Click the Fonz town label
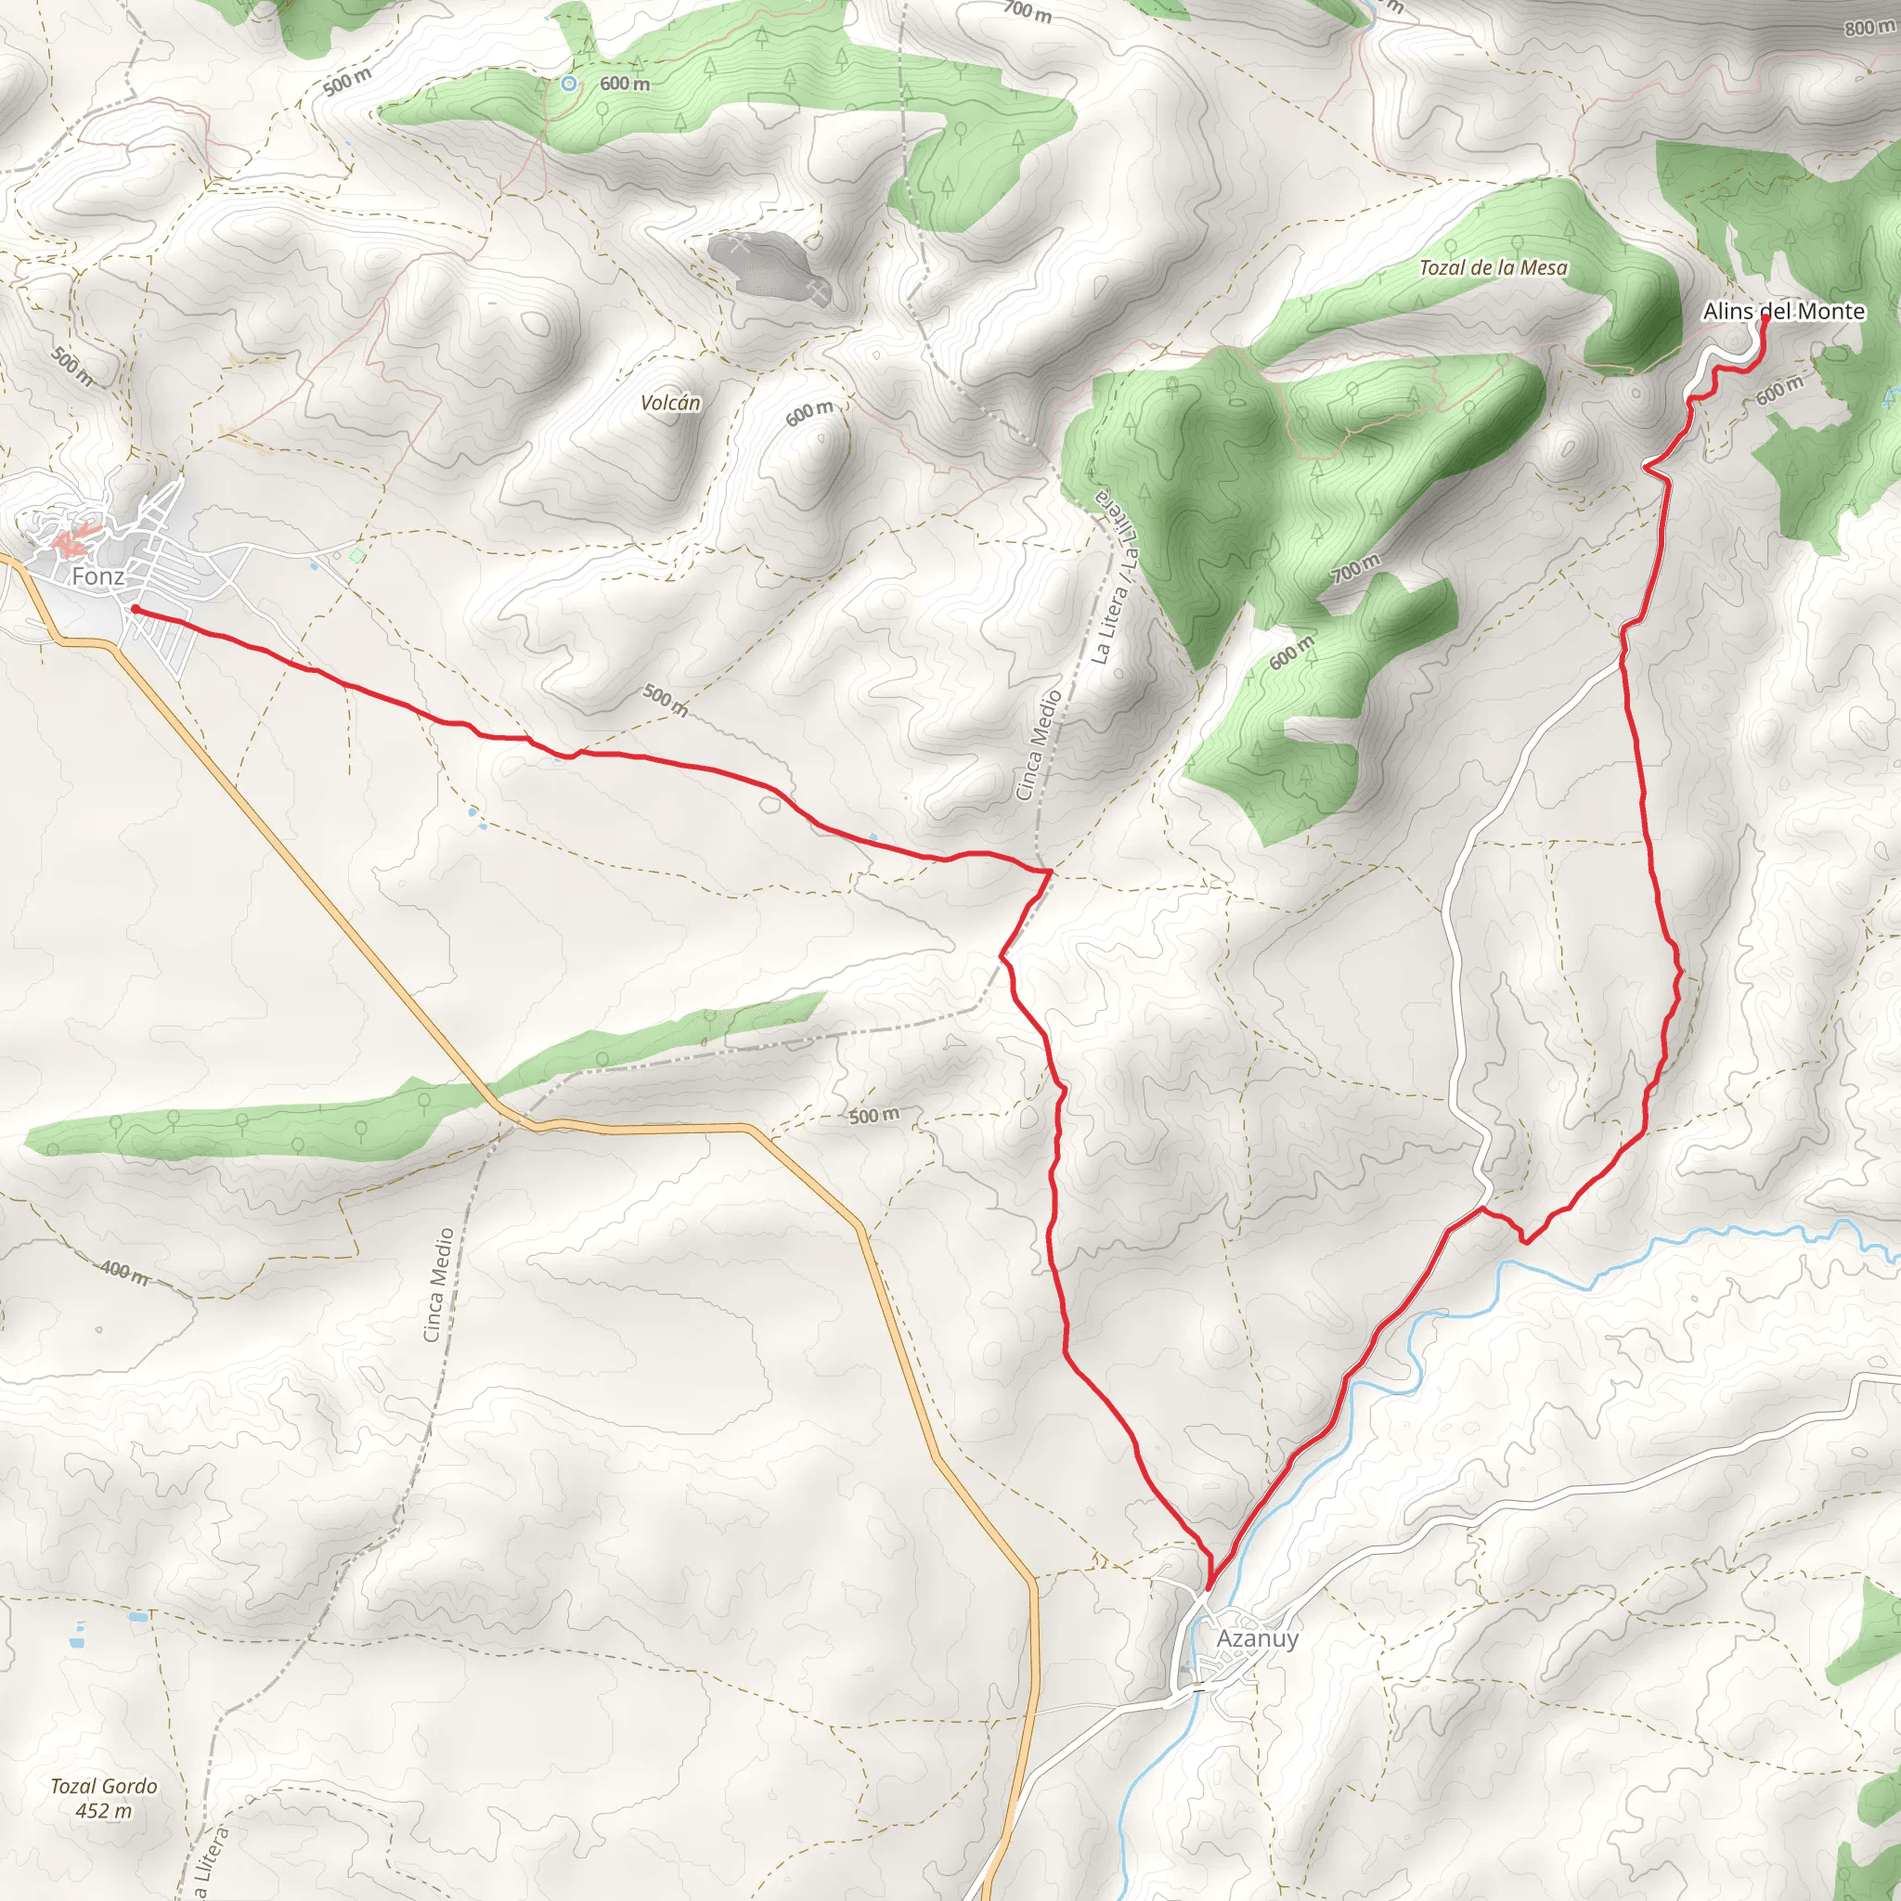[97, 576]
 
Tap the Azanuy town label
[1257, 1638]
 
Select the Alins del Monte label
[1783, 312]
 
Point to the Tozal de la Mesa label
[1493, 267]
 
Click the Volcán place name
[670, 403]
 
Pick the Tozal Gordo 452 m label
[103, 1798]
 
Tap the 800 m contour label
[1867, 27]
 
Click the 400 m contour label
[125, 1273]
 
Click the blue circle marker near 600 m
[569, 84]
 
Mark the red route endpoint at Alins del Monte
[1765, 317]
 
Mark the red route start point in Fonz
[134, 610]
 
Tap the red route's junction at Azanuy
[1209, 1587]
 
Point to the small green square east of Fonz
[357, 556]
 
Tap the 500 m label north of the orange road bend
[873, 1116]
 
